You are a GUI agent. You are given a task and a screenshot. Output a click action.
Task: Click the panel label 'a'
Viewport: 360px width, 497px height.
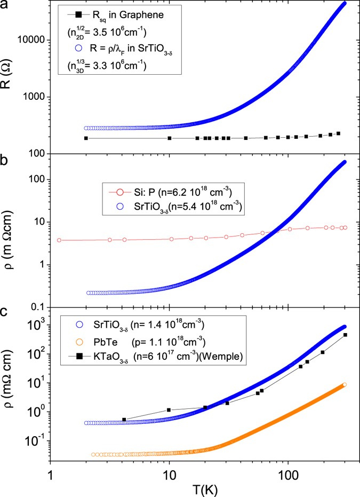click(6, 7)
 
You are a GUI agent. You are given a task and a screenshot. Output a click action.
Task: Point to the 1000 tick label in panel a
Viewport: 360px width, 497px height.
click(37, 97)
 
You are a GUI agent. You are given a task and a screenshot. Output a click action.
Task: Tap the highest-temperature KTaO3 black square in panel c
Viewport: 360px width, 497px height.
click(345, 335)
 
